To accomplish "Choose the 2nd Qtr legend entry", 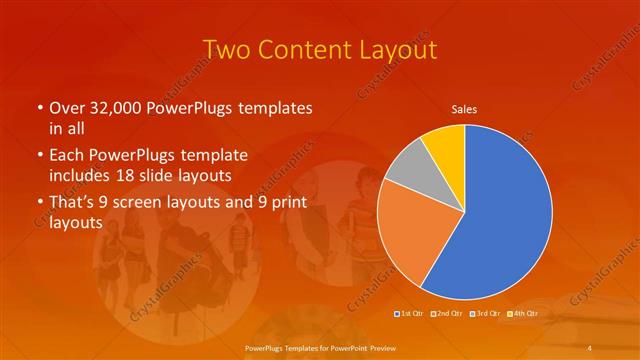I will [447, 313].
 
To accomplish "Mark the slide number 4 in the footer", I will [591, 347].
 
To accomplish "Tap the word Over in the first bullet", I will [66, 107].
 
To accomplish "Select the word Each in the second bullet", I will [66, 156].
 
